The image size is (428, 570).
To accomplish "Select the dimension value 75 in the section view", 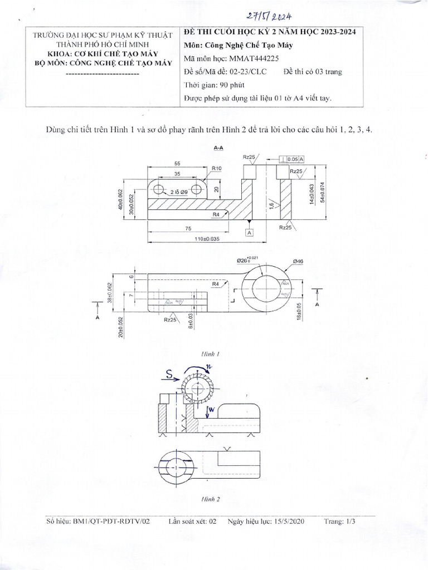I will point(189,228).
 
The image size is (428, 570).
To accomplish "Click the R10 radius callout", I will point(216,168).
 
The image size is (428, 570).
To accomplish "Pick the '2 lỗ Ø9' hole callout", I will point(179,190).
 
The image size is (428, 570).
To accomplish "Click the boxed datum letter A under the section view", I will point(249,232).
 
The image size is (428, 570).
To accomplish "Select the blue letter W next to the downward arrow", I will point(211,411).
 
